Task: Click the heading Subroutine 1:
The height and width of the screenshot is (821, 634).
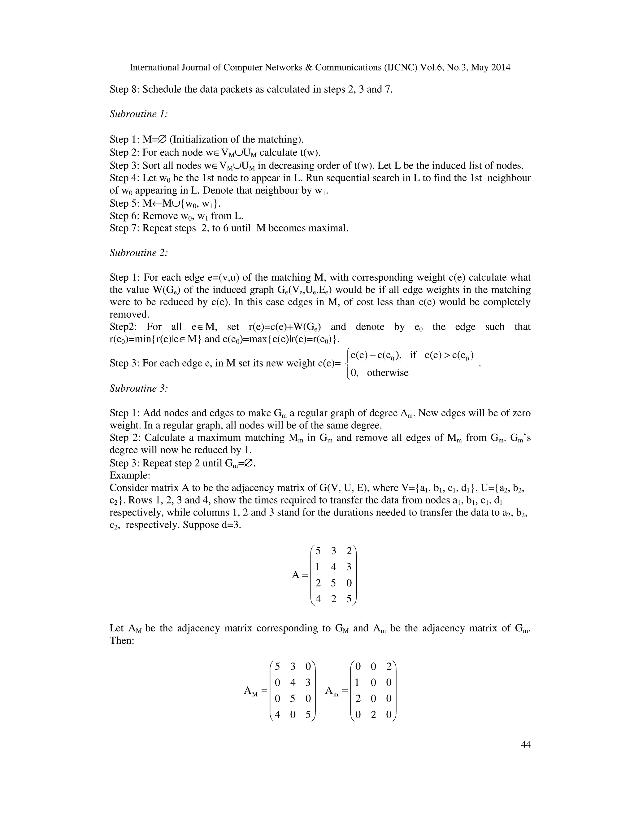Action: [x=138, y=114]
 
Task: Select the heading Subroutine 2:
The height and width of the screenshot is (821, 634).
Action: [x=138, y=252]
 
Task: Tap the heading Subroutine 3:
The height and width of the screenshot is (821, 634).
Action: [x=138, y=388]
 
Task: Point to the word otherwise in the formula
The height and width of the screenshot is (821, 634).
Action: [x=388, y=373]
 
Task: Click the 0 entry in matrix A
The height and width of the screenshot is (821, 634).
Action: [x=349, y=583]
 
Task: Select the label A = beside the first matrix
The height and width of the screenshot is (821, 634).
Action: [x=300, y=575]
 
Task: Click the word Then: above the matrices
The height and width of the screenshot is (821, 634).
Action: [x=122, y=640]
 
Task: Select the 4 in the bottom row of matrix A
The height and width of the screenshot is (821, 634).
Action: [x=318, y=599]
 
